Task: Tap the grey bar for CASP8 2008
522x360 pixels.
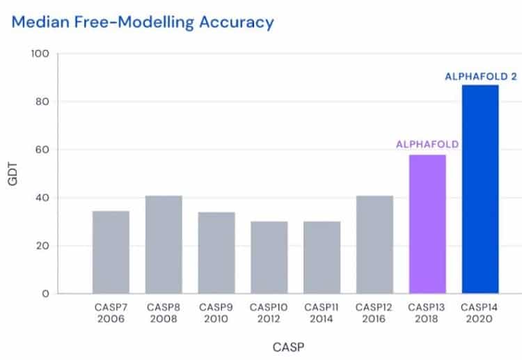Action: pyautogui.click(x=164, y=244)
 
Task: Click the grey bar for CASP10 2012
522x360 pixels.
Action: pyautogui.click(x=269, y=258)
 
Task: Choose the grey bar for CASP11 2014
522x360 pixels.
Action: pyautogui.click(x=322, y=258)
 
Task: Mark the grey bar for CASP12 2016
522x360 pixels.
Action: pyautogui.click(x=374, y=244)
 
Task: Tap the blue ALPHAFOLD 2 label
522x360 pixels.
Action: pyautogui.click(x=481, y=77)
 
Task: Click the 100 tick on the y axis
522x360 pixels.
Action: pyautogui.click(x=40, y=54)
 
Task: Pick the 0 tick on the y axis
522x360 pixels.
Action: pyautogui.click(x=45, y=294)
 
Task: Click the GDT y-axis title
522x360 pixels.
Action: pyautogui.click(x=13, y=174)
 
